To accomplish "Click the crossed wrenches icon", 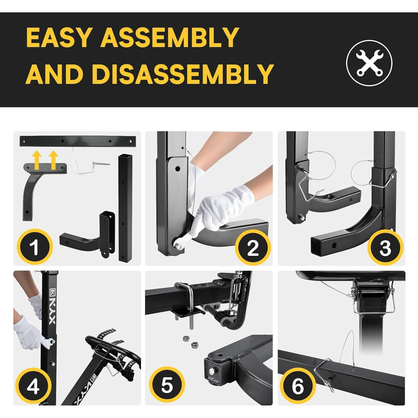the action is pos(369,63).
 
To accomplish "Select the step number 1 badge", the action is pos(35,247).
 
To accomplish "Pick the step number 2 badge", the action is pos(253,247).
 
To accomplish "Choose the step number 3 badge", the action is pos(385,247).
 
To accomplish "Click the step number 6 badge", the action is pos(298,386).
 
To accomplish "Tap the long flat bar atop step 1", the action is pos(78,141).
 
